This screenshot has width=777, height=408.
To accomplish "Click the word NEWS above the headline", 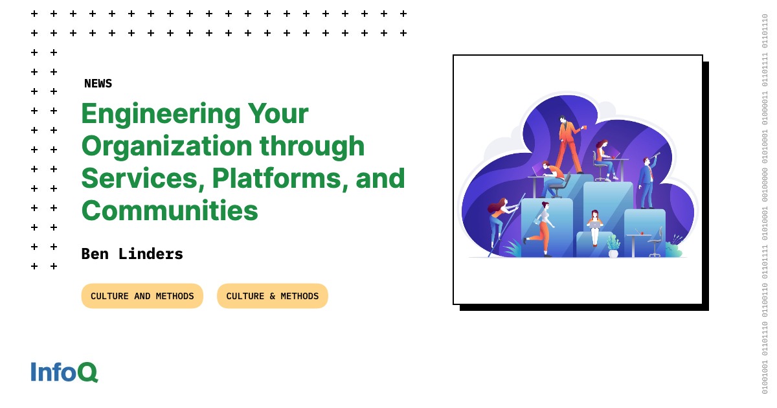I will (x=98, y=84).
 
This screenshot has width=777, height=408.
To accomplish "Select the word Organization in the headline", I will (x=167, y=146).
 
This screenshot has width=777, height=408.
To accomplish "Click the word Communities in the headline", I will (x=170, y=210).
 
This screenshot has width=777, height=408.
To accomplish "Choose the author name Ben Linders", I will (x=132, y=254).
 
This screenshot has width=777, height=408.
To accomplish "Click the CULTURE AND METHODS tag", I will (x=142, y=296).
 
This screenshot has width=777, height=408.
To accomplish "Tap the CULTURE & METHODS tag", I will (x=272, y=296).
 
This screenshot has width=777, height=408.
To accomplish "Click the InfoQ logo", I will (x=64, y=372).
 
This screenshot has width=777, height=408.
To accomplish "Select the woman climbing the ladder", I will (x=499, y=220).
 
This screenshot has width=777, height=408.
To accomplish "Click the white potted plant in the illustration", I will (x=613, y=247).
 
